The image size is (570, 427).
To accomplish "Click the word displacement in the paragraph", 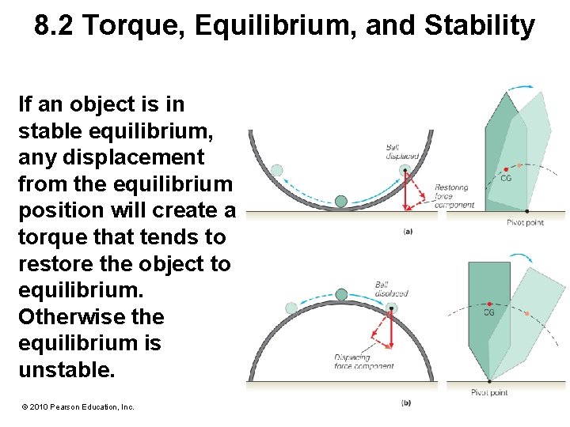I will pos(112,157).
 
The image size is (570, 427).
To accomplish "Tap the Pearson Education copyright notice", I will pos(78,406).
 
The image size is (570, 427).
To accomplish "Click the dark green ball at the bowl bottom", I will pos(341,202).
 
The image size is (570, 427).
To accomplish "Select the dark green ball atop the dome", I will pos(341,295).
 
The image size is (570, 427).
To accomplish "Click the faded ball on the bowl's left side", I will pos(276,169).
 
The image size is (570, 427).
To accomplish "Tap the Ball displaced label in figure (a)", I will pos(401,152).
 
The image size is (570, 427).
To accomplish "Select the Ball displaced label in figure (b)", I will pos(391,289).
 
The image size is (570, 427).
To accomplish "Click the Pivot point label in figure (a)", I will pos(525,223).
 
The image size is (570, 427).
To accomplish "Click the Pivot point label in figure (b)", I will pos(489,392).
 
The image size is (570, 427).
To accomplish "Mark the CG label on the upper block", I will pos(507,179).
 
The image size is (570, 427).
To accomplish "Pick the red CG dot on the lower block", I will pos(492,304).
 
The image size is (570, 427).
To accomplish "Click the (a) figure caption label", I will pos(407,232).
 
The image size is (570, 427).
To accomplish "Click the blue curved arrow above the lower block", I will pos(519,259).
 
